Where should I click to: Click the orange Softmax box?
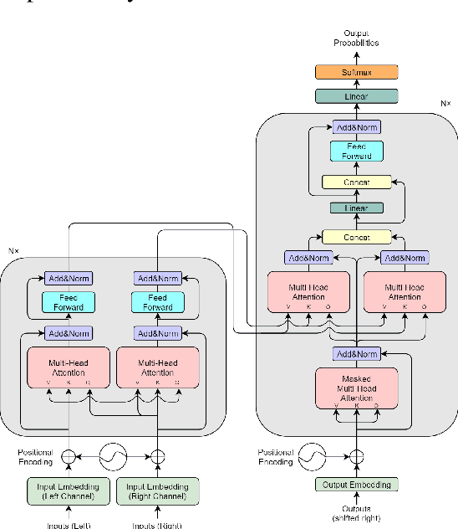coord(357,73)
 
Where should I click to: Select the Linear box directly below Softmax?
coord(357,96)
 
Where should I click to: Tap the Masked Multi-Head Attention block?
coord(357,388)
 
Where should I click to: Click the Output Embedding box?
coord(357,485)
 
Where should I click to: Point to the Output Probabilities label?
coord(357,37)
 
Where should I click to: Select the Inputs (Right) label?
coord(158,525)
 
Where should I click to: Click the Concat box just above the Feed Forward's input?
coord(357,182)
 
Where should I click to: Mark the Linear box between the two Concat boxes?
coord(357,208)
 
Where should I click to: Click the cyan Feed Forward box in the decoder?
coord(357,152)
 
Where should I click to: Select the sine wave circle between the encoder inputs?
coord(114,457)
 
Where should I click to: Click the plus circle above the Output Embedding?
coord(357,457)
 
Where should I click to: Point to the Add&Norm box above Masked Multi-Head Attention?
coord(357,353)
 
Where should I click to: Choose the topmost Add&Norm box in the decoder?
coord(357,127)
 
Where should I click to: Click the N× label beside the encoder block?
coord(13,250)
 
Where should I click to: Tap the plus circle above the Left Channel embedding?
coord(69,457)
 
